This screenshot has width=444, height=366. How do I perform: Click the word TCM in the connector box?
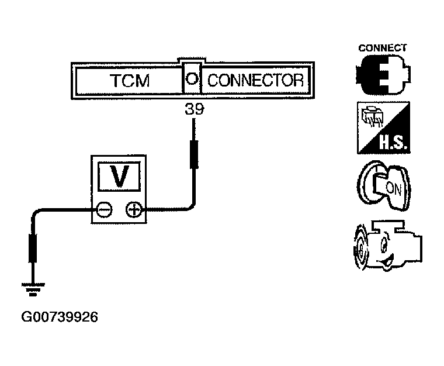pos(130,81)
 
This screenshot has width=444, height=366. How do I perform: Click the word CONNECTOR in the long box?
pos(255,80)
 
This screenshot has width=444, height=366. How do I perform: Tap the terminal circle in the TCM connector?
pos(192,78)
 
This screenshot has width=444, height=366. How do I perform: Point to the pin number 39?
pos(194,109)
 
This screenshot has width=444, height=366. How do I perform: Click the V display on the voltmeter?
pos(119,176)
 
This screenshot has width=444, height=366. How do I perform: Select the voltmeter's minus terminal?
pos(104,210)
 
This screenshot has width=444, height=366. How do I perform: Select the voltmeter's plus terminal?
pos(134,210)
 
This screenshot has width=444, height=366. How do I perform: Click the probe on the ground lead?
pos(33,248)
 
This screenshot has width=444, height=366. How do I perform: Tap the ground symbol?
pos(33,289)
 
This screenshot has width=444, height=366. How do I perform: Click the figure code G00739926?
pos(60,317)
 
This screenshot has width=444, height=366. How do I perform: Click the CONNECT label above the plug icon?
pos(382,48)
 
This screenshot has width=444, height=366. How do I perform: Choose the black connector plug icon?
pos(383,75)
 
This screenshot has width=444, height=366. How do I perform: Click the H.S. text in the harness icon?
pos(394,143)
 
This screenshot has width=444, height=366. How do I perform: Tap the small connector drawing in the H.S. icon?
pos(372,116)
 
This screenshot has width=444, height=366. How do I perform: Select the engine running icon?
pos(388,246)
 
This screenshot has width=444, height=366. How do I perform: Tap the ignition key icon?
pos(384,186)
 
